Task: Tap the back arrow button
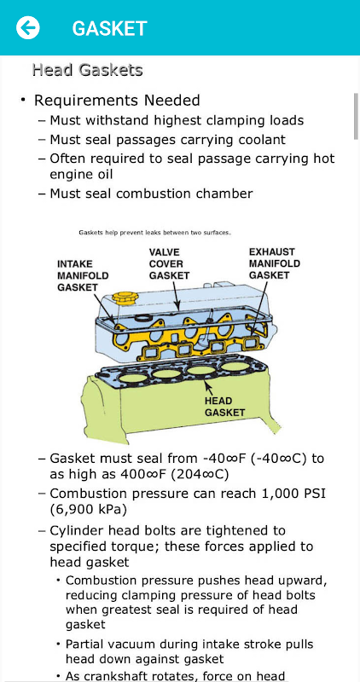(x=28, y=28)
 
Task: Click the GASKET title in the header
(x=110, y=29)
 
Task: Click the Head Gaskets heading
(x=88, y=70)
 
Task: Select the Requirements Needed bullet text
(x=117, y=101)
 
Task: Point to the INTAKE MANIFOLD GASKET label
(x=83, y=275)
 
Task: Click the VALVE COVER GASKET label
(x=169, y=263)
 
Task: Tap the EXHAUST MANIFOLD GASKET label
(x=274, y=263)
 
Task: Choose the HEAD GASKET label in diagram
(x=224, y=407)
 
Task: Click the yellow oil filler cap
(x=125, y=299)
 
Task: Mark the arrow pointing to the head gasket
(x=209, y=386)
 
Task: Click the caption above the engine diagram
(x=154, y=233)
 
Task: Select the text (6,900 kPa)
(x=89, y=509)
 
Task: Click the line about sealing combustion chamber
(x=152, y=194)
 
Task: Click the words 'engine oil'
(x=81, y=175)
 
